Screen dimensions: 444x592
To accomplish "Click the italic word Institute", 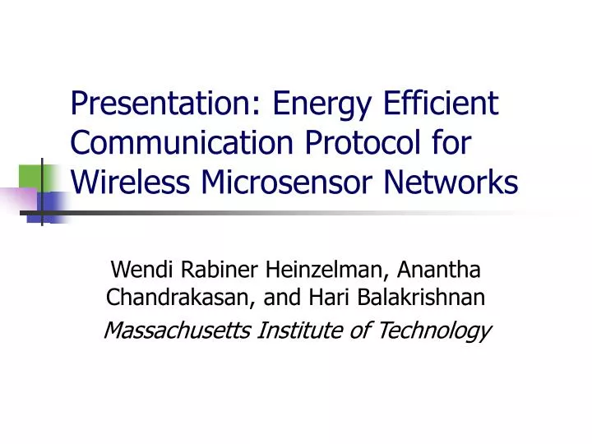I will click(294, 331).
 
